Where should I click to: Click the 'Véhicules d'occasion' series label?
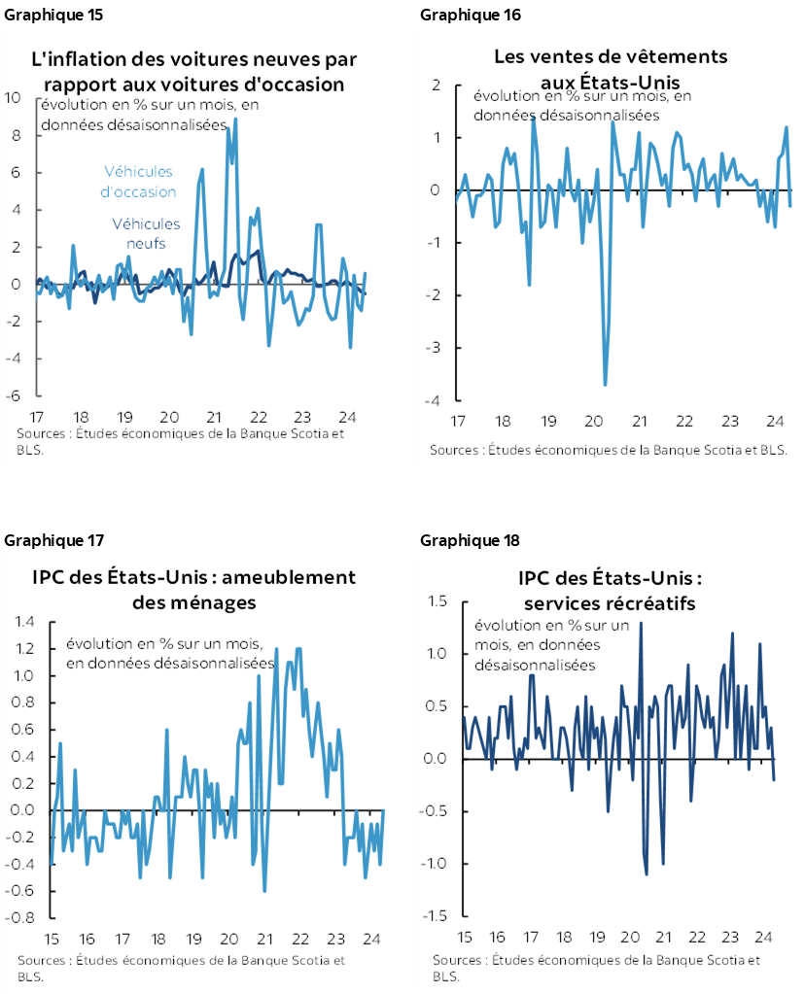[x=139, y=182]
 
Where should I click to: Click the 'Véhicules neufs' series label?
[x=146, y=233]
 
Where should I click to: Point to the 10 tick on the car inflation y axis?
[x=13, y=98]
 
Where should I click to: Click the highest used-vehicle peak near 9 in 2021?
[x=235, y=120]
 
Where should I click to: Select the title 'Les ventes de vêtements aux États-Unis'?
[x=610, y=69]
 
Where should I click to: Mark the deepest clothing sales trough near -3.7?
[x=605, y=385]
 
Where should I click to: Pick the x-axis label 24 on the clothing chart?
[x=775, y=423]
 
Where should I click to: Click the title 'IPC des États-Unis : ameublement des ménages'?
[x=194, y=590]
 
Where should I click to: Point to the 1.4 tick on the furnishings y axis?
[x=24, y=622]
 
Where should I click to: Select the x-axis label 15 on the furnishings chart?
[x=51, y=940]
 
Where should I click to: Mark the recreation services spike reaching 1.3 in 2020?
[x=641, y=624]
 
